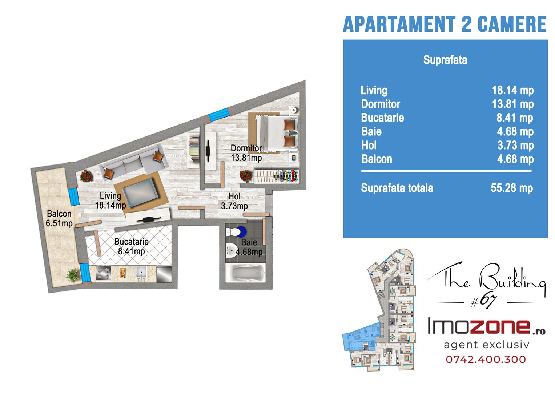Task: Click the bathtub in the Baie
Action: click(x=245, y=273)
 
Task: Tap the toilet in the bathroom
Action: click(x=236, y=231)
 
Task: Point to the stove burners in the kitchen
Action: click(x=103, y=273)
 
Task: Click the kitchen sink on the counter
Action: click(x=142, y=274)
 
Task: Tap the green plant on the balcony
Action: click(x=73, y=275)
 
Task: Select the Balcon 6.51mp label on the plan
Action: click(x=59, y=219)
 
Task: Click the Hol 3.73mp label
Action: click(x=234, y=201)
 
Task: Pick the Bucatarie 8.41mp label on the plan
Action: click(x=131, y=246)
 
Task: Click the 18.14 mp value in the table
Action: click(x=512, y=91)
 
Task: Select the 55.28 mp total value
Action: click(x=512, y=188)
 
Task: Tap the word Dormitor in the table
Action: click(x=381, y=104)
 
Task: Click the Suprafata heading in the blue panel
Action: click(x=445, y=60)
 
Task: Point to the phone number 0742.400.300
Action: click(x=486, y=360)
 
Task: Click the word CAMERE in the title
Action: click(x=512, y=24)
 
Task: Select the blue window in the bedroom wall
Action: click(x=219, y=115)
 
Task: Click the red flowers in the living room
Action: click(x=87, y=176)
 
